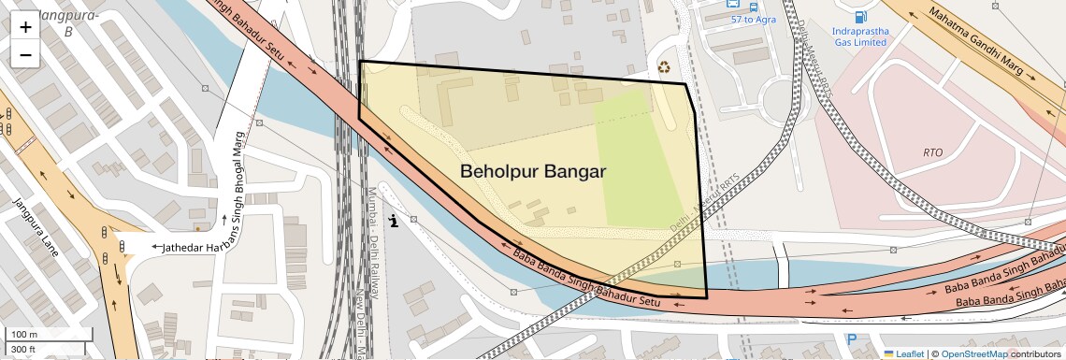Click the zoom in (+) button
tap(25, 26)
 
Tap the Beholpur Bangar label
tap(533, 172)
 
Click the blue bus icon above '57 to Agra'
tap(735, 5)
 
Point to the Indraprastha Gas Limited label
tap(859, 36)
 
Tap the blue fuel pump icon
tap(859, 16)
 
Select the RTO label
tap(932, 151)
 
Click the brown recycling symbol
tap(664, 67)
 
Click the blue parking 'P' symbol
tap(851, 339)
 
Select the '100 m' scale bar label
tap(24, 334)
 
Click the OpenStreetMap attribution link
tap(973, 353)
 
